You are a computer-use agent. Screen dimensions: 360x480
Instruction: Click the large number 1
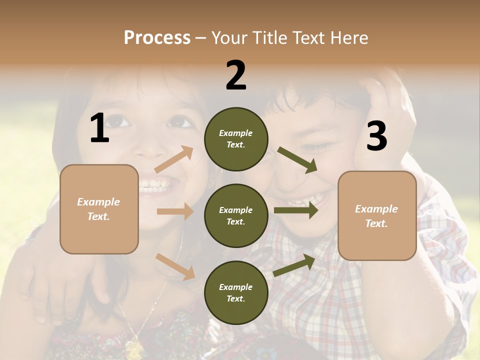pyautogui.click(x=99, y=128)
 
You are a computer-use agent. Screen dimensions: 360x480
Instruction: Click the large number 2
pyautogui.click(x=236, y=75)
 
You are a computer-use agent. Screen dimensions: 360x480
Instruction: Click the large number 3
pyautogui.click(x=376, y=136)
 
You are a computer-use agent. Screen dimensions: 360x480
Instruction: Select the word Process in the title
pyautogui.click(x=157, y=37)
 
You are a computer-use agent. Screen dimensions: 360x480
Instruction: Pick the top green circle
pyautogui.click(x=236, y=139)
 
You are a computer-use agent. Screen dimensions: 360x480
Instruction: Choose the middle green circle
pyautogui.click(x=236, y=215)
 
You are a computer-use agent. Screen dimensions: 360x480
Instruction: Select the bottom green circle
pyautogui.click(x=236, y=292)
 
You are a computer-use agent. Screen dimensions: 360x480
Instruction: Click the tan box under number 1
pyautogui.click(x=99, y=209)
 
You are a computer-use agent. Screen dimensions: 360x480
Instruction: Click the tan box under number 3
pyautogui.click(x=377, y=215)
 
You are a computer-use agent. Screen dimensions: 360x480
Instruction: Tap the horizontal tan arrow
pyautogui.click(x=175, y=211)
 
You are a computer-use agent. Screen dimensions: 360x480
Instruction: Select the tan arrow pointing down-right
pyautogui.click(x=175, y=266)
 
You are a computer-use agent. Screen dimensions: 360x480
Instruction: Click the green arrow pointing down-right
pyautogui.click(x=297, y=159)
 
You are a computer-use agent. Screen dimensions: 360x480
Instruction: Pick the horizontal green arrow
pyautogui.click(x=296, y=210)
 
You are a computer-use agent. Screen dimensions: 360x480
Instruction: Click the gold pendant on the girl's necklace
pyautogui.click(x=134, y=347)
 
